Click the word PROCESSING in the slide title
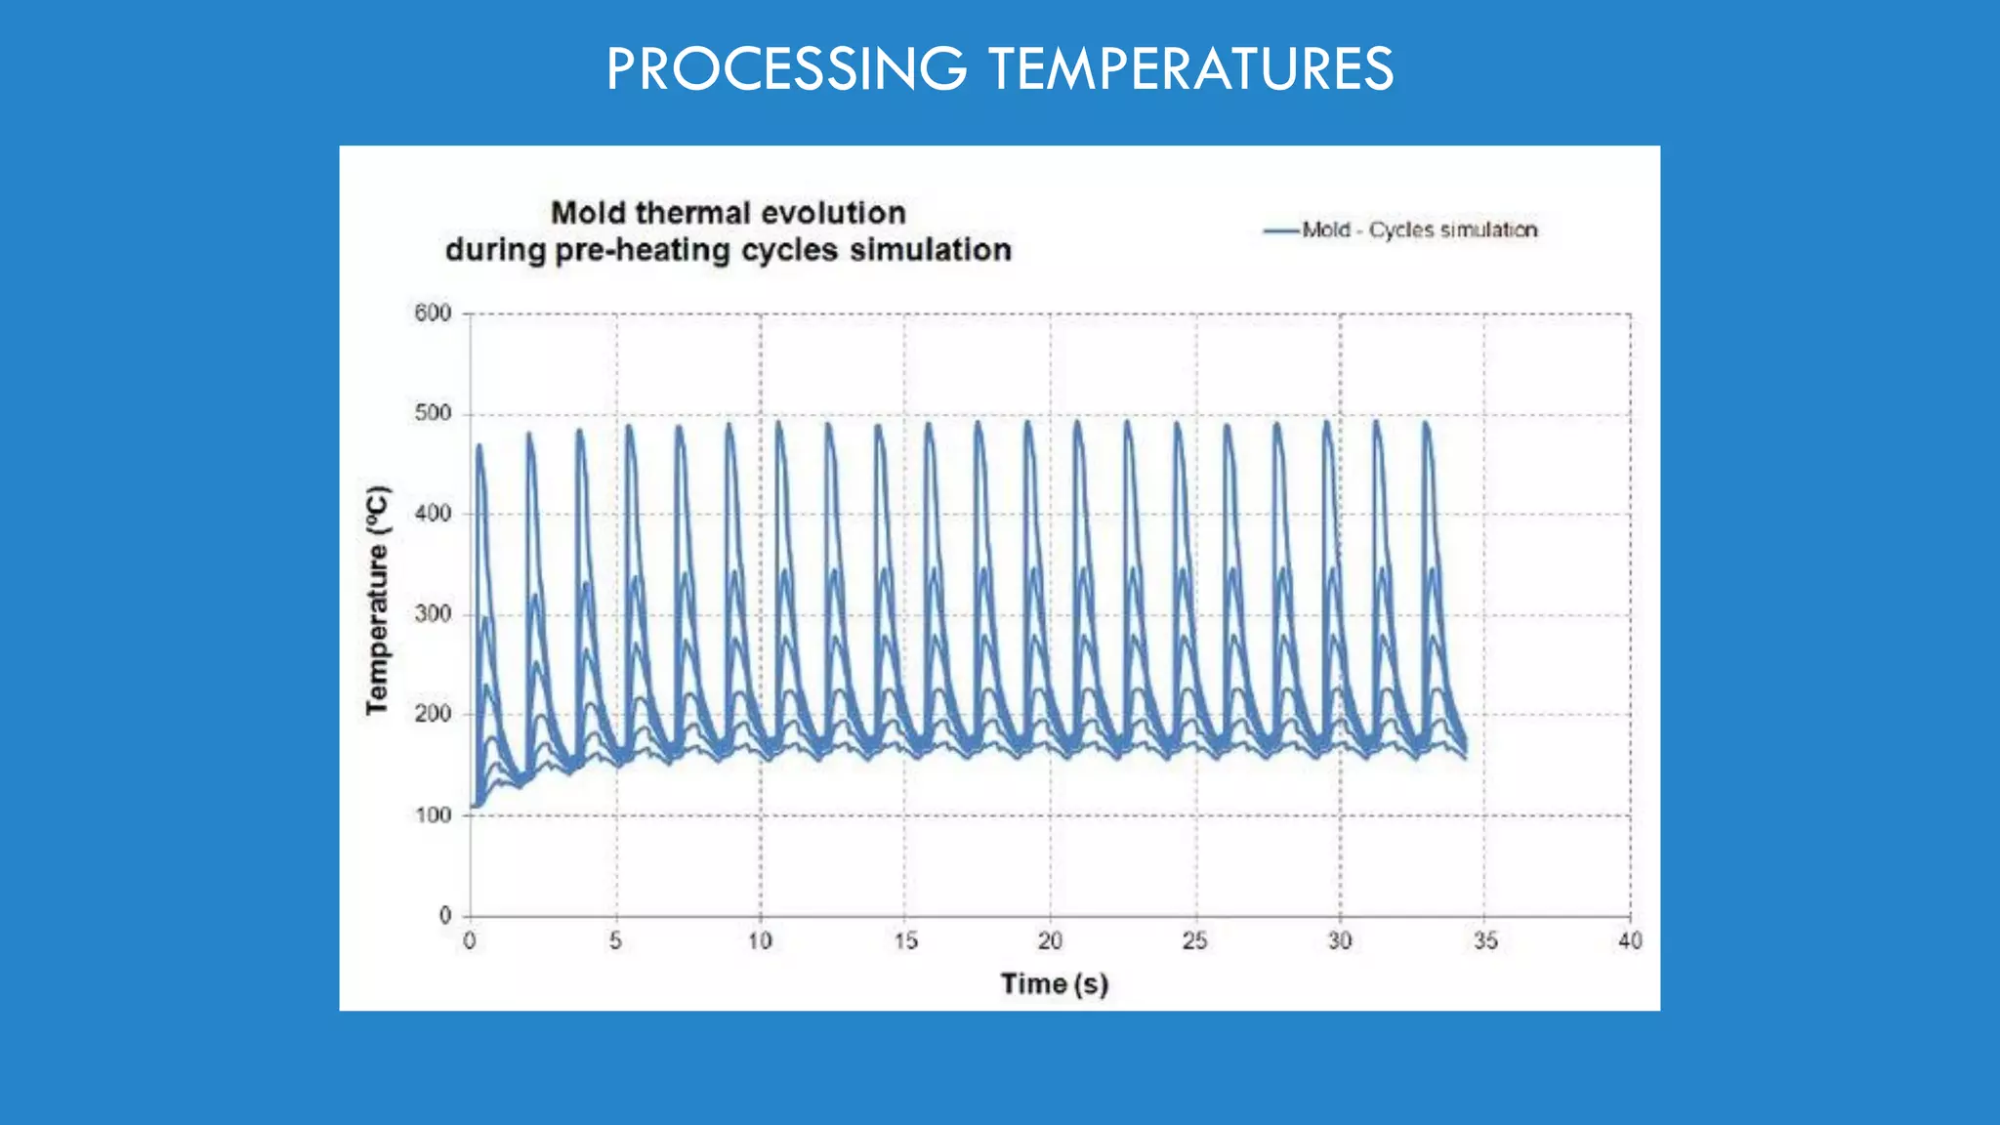(x=786, y=69)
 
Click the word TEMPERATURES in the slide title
(x=1190, y=69)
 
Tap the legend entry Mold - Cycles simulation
(x=1419, y=230)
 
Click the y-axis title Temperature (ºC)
(x=377, y=600)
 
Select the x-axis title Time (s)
(x=1054, y=983)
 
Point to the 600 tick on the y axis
(x=433, y=313)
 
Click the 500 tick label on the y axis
(x=433, y=414)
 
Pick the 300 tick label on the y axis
(x=433, y=614)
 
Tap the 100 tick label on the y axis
(x=433, y=815)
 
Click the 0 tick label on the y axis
(x=445, y=916)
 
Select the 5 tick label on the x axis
(x=615, y=941)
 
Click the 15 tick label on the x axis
(x=905, y=941)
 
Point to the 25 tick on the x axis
(x=1195, y=941)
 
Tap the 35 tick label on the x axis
(x=1485, y=941)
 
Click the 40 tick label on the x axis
(x=1630, y=941)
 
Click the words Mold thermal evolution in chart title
(x=729, y=213)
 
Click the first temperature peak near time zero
(x=479, y=446)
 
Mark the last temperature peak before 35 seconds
(x=1426, y=424)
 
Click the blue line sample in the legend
(x=1281, y=231)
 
